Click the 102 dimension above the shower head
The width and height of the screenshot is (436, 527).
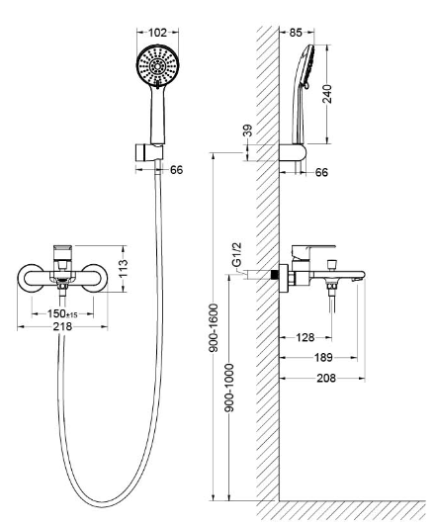pyautogui.click(x=157, y=33)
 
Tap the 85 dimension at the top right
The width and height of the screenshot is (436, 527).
pyautogui.click(x=296, y=33)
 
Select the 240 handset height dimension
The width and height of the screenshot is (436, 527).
pyautogui.click(x=326, y=94)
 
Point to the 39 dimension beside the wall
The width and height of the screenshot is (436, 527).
pyautogui.click(x=247, y=131)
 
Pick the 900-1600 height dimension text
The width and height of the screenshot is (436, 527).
pyautogui.click(x=214, y=327)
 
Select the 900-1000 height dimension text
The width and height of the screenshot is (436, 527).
pyautogui.click(x=229, y=388)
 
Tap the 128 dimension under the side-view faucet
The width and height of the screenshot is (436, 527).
pyautogui.click(x=305, y=337)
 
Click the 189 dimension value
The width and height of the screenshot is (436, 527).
pyautogui.click(x=323, y=357)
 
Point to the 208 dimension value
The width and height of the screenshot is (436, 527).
pyautogui.click(x=326, y=378)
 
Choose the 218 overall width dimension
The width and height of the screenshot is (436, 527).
pyautogui.click(x=62, y=326)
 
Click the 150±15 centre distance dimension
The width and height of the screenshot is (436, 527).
pyautogui.click(x=62, y=313)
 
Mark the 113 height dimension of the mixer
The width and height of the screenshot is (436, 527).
pyautogui.click(x=124, y=268)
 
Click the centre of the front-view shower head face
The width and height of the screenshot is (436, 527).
pyautogui.click(x=157, y=66)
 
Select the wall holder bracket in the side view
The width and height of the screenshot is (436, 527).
pyautogui.click(x=293, y=153)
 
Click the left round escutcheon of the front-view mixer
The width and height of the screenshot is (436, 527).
pyautogui.click(x=31, y=278)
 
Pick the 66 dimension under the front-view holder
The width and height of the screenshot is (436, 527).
pyautogui.click(x=177, y=170)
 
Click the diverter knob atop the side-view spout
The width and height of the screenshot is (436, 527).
pyautogui.click(x=332, y=264)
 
